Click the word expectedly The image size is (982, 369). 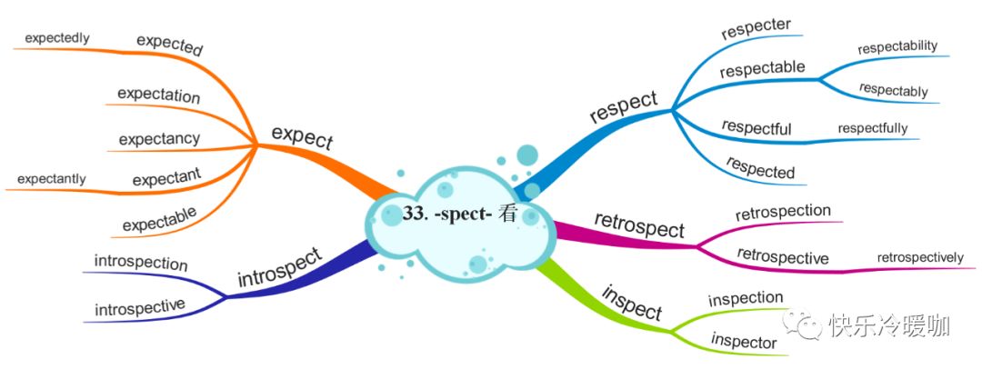[x=56, y=38]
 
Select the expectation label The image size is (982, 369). [x=159, y=95]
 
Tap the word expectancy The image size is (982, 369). [x=159, y=139]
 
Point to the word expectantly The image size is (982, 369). [x=45, y=178]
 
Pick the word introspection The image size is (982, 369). [x=141, y=264]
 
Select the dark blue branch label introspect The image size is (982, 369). [x=279, y=266]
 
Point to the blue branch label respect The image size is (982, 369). [x=623, y=106]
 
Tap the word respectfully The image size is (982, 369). [x=873, y=128]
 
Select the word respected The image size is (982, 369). [x=760, y=167]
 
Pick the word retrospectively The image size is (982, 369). [x=920, y=258]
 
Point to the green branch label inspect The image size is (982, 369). [x=631, y=302]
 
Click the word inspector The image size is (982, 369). [x=743, y=343]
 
